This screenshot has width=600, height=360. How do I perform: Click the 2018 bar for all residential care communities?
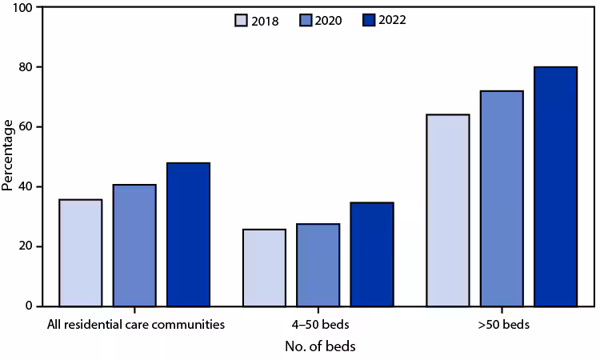(x=80, y=253)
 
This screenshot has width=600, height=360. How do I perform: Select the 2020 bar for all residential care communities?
(x=134, y=246)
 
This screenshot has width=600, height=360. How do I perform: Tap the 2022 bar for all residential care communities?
(x=188, y=234)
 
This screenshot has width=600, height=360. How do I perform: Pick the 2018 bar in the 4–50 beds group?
(x=264, y=268)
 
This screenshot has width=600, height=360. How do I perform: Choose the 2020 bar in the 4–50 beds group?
(x=318, y=265)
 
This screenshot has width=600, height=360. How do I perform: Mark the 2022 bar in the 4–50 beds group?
(x=371, y=254)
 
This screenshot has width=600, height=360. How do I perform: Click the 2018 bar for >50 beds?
(x=448, y=210)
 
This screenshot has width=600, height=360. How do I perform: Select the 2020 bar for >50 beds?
(x=502, y=198)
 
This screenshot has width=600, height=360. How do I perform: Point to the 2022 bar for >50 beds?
(x=555, y=186)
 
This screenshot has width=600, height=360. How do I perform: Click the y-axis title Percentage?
(x=8, y=155)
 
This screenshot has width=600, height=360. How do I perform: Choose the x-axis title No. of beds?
(x=320, y=346)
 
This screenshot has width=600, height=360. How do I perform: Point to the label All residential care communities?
(x=134, y=325)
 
